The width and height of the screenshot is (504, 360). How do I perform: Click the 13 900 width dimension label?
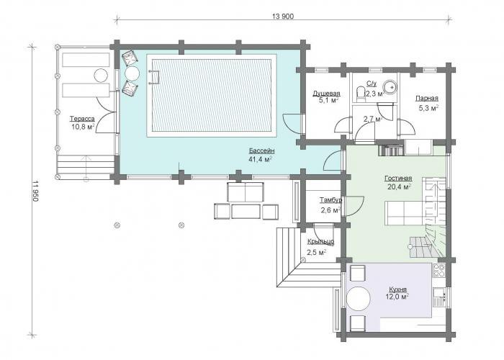coord(283,17)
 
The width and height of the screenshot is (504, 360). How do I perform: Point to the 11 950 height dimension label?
coord(35,191)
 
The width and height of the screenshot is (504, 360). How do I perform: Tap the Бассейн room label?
coord(261,150)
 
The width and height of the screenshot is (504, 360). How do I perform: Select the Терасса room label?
coord(82,119)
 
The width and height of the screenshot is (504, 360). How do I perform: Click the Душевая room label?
coord(326,94)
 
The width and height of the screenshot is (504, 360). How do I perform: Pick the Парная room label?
coord(426,99)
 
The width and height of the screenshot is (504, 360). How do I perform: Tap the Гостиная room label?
coord(398,179)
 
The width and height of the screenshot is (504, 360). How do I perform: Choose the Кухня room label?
coord(397,289)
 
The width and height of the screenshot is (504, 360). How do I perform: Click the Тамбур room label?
coord(330,200)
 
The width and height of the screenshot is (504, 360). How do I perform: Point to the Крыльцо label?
coord(320,242)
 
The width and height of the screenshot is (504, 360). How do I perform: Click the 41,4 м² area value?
coord(261,159)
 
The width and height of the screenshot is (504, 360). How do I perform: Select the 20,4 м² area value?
coord(399,186)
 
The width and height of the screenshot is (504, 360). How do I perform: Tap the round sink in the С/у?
coord(391,87)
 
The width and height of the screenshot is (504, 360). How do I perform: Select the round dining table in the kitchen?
coord(359,299)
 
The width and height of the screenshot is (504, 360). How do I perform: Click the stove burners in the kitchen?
coord(439,270)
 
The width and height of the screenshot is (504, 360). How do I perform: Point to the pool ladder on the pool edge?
coord(154,77)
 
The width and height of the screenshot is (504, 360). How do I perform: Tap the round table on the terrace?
coord(101,76)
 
